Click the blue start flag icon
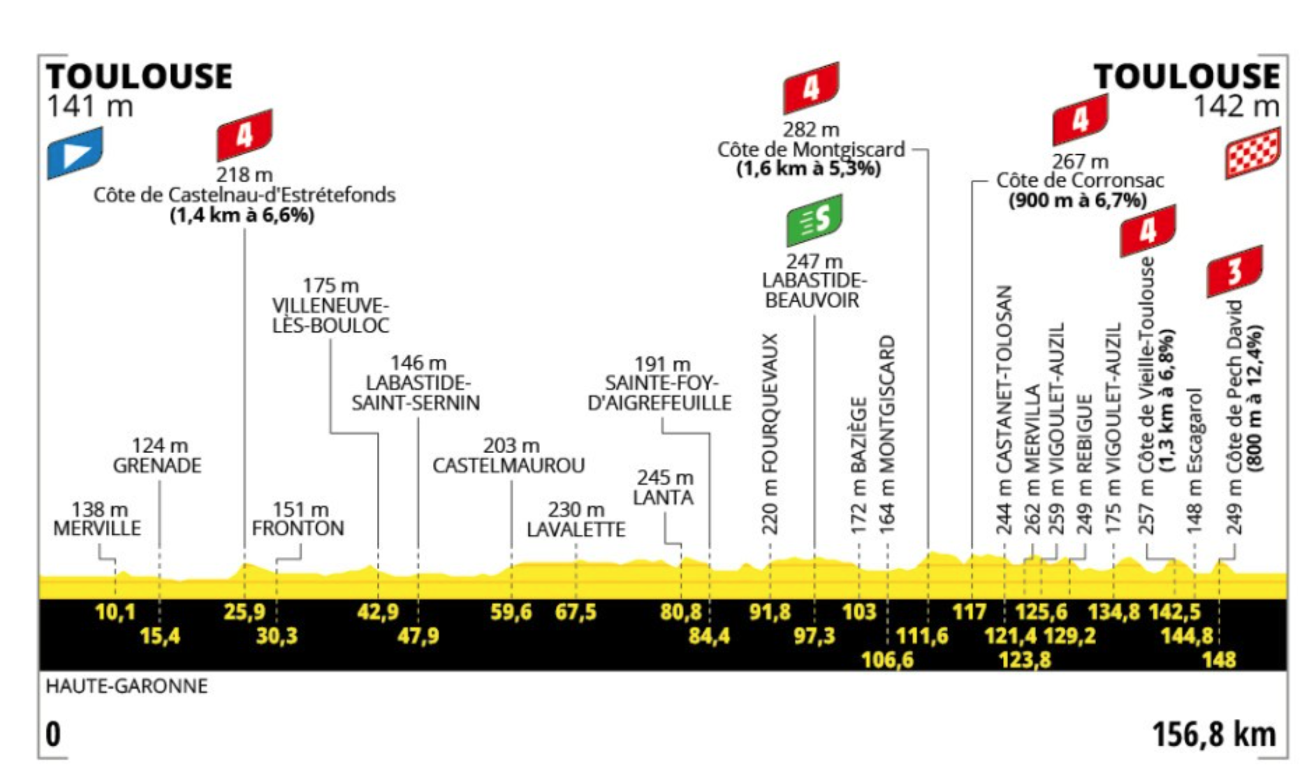tap(75, 152)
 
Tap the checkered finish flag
tap(1252, 153)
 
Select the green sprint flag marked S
tap(814, 220)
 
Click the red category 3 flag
tap(1234, 271)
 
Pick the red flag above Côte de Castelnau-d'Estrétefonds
tap(244, 134)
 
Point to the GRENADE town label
tap(157, 466)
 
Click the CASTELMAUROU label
tap(508, 466)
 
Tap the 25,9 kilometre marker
tap(244, 612)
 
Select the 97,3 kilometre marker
tap(814, 636)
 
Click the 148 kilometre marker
tap(1218, 660)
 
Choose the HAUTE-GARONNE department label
tap(127, 686)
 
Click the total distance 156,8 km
tap(1214, 735)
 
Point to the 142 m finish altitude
tap(1236, 106)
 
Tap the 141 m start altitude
tap(90, 106)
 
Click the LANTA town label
tap(663, 498)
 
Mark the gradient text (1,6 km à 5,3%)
tap(809, 170)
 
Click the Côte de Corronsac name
tap(1080, 181)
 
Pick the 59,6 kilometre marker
tap(511, 612)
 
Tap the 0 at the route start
tap(54, 735)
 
